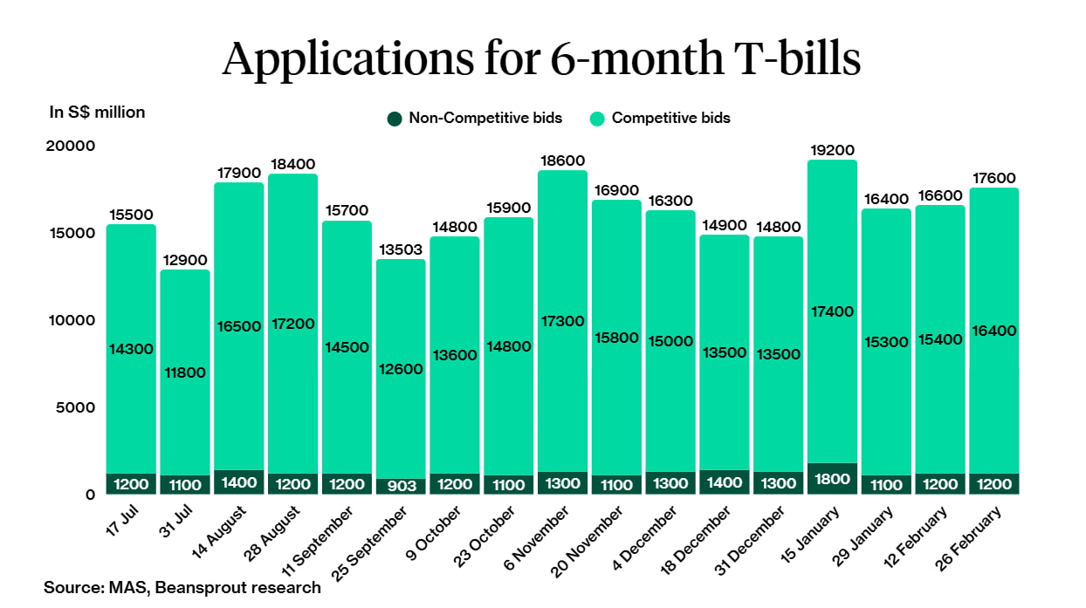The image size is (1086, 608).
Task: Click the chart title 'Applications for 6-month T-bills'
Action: pyautogui.click(x=541, y=59)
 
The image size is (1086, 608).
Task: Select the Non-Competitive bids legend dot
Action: pyautogui.click(x=395, y=118)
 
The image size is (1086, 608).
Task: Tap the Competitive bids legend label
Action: pyautogui.click(x=670, y=118)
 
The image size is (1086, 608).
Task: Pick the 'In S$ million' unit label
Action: pyautogui.click(x=97, y=112)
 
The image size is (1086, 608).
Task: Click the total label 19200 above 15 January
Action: pyautogui.click(x=832, y=150)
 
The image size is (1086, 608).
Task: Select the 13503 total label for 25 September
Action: pyautogui.click(x=400, y=249)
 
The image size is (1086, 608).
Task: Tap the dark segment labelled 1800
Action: pyautogui.click(x=832, y=479)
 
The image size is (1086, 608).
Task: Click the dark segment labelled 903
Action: pyautogui.click(x=400, y=486)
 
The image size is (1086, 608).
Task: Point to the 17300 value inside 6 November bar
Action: pyautogui.click(x=562, y=321)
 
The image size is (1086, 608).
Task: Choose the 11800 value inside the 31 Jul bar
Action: pyautogui.click(x=184, y=372)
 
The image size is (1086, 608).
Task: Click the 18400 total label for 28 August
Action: pyautogui.click(x=292, y=164)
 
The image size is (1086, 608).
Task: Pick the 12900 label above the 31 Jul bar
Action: pyautogui.click(x=184, y=260)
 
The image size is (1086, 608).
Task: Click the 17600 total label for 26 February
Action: pyautogui.click(x=993, y=178)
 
